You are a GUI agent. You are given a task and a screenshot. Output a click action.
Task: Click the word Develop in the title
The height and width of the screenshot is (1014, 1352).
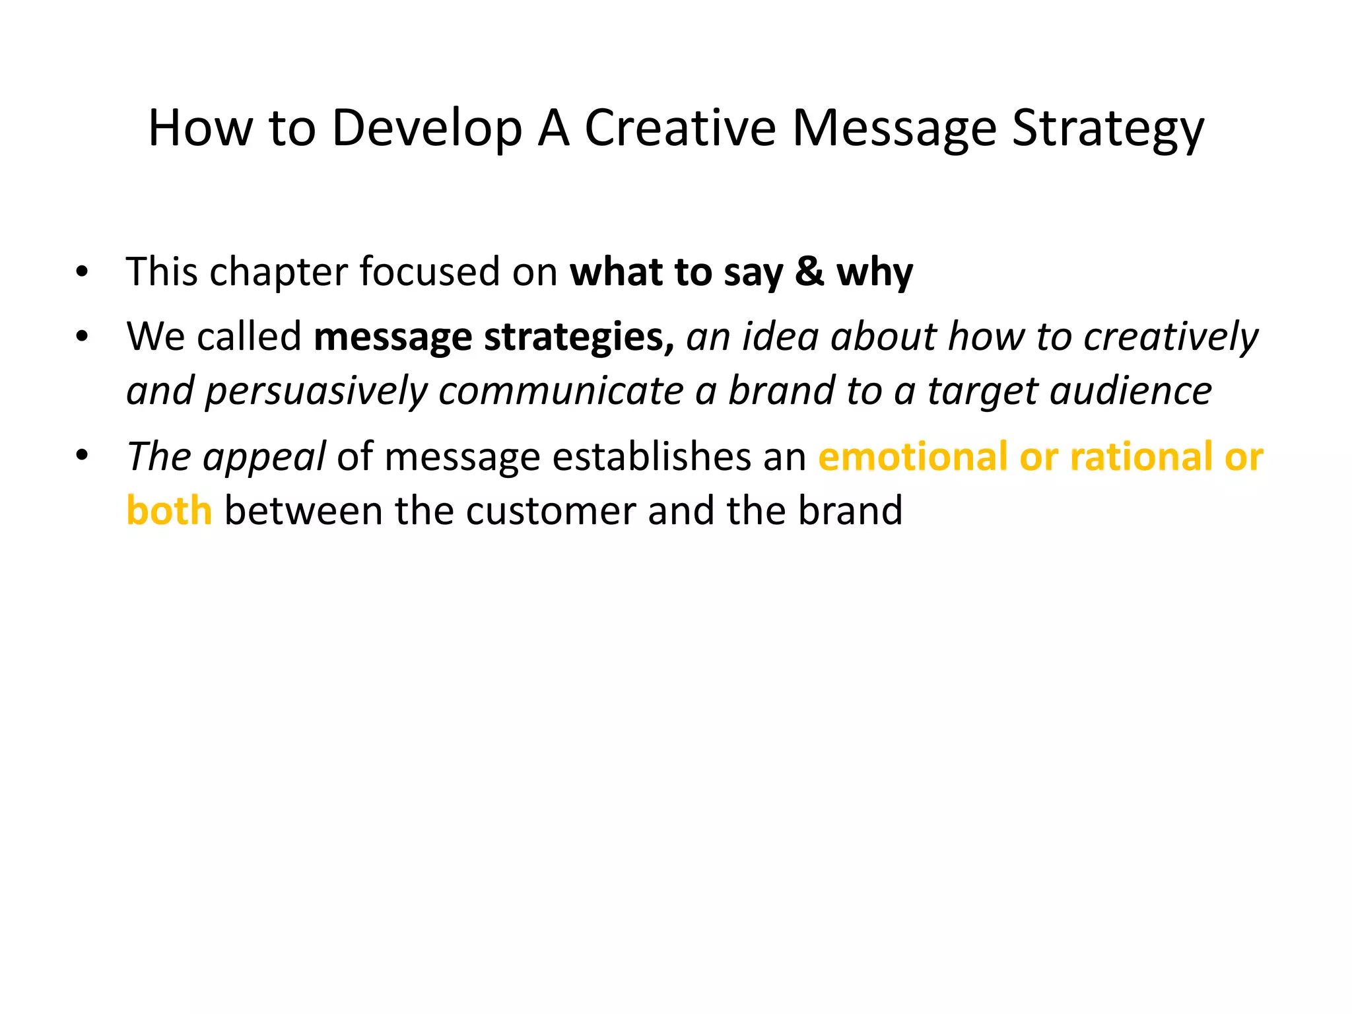[426, 129]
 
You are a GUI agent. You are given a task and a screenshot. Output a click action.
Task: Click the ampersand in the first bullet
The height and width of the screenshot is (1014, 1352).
[809, 271]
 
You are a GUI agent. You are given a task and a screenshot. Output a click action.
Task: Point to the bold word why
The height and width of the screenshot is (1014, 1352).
[875, 273]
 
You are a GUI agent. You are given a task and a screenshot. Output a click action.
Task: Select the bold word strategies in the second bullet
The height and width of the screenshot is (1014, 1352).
[579, 337]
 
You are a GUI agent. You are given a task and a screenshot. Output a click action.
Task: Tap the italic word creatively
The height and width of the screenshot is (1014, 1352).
[1171, 337]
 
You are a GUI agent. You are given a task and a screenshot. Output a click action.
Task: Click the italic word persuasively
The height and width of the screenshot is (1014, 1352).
[316, 391]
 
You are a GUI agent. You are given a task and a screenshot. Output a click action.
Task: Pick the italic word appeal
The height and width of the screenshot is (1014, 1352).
[264, 457]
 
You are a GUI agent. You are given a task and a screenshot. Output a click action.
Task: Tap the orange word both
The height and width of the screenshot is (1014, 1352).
[169, 511]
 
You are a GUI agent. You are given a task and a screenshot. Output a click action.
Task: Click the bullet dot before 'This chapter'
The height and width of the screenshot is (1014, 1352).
[82, 273]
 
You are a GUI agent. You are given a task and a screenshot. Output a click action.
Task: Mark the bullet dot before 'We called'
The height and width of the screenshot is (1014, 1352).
[82, 337]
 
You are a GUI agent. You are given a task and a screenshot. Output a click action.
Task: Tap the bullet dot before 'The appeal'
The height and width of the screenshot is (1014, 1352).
[82, 457]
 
